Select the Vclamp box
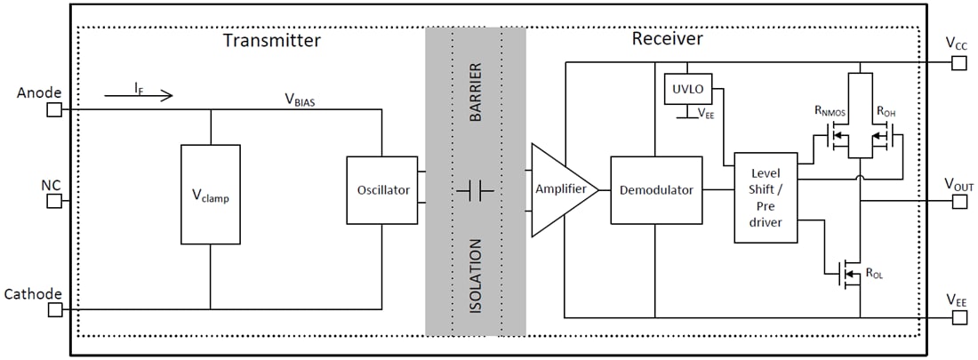(210, 194)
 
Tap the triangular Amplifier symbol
(560, 190)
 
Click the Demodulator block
(656, 190)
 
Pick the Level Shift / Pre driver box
(766, 197)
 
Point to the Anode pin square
(54, 109)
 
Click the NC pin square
(54, 201)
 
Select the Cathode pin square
(54, 309)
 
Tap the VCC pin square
(958, 62)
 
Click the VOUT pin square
(958, 201)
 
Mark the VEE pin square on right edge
(958, 317)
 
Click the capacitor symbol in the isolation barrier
(475, 190)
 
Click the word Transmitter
(271, 40)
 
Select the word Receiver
(667, 39)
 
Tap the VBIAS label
(298, 99)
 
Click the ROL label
(873, 275)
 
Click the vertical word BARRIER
(475, 92)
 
